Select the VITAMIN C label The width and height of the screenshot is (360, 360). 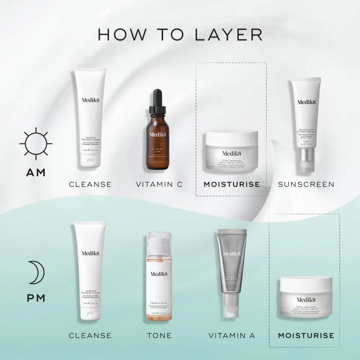click(x=159, y=184)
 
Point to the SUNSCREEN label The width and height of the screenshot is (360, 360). click(x=306, y=184)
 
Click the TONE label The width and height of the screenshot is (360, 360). click(x=159, y=336)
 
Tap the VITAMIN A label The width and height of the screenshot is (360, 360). click(x=232, y=336)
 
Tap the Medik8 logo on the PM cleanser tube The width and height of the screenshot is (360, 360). click(x=90, y=253)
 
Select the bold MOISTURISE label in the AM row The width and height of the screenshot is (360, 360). click(x=231, y=184)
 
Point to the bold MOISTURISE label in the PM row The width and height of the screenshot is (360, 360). click(x=306, y=336)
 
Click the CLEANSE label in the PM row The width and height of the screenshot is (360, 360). click(x=90, y=336)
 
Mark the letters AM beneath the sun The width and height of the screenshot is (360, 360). click(x=36, y=173)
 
